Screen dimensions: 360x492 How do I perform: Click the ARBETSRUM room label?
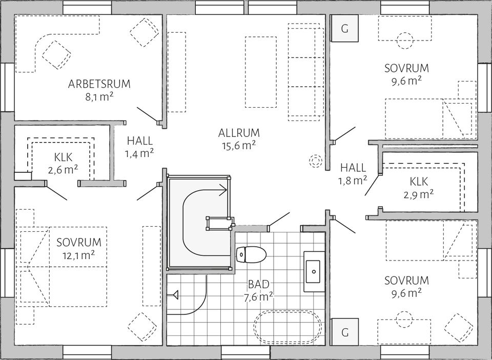coord(99,84)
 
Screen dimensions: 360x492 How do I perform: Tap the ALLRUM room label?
coord(239,133)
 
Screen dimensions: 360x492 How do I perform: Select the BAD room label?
coord(259,285)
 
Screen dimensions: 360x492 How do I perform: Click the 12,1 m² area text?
coord(78,254)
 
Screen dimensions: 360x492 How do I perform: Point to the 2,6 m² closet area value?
coord(63,170)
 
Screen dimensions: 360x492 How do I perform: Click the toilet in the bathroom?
coord(251,253)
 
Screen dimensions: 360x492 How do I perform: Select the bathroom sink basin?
coord(313,268)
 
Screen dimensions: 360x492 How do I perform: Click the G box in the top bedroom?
coord(344,29)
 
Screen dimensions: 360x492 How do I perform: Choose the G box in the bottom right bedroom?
coord(344,332)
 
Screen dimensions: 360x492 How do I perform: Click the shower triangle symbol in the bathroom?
coord(175,295)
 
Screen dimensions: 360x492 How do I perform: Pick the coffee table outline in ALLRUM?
coord(261,72)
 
